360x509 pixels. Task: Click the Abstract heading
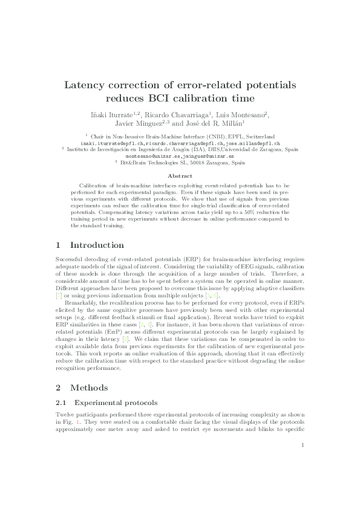tap(180, 176)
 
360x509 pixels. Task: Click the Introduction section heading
tap(97, 245)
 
